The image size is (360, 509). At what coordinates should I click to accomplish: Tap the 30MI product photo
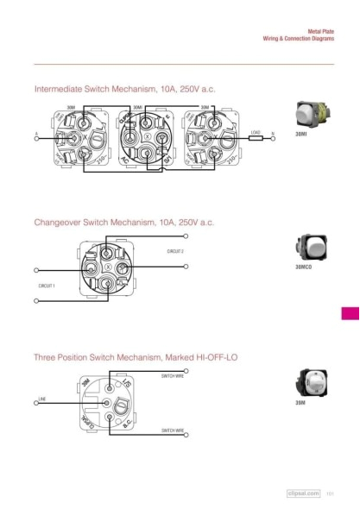click(x=306, y=114)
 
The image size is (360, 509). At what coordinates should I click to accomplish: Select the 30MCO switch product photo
click(x=307, y=248)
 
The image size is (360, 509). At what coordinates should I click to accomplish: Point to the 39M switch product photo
click(x=308, y=382)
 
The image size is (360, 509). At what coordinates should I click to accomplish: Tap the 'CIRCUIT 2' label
click(x=175, y=251)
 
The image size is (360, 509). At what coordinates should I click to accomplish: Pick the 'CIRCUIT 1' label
click(x=47, y=285)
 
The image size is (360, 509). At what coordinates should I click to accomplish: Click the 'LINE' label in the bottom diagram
click(x=41, y=398)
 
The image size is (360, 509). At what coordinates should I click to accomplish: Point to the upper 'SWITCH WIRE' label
click(x=173, y=377)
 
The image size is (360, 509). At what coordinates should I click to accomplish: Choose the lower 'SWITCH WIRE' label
click(x=173, y=430)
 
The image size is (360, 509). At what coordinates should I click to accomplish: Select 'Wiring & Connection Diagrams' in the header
click(x=298, y=39)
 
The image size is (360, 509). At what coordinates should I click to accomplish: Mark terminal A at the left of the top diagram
click(x=36, y=138)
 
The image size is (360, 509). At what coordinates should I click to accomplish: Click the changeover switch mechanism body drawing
click(x=105, y=268)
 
